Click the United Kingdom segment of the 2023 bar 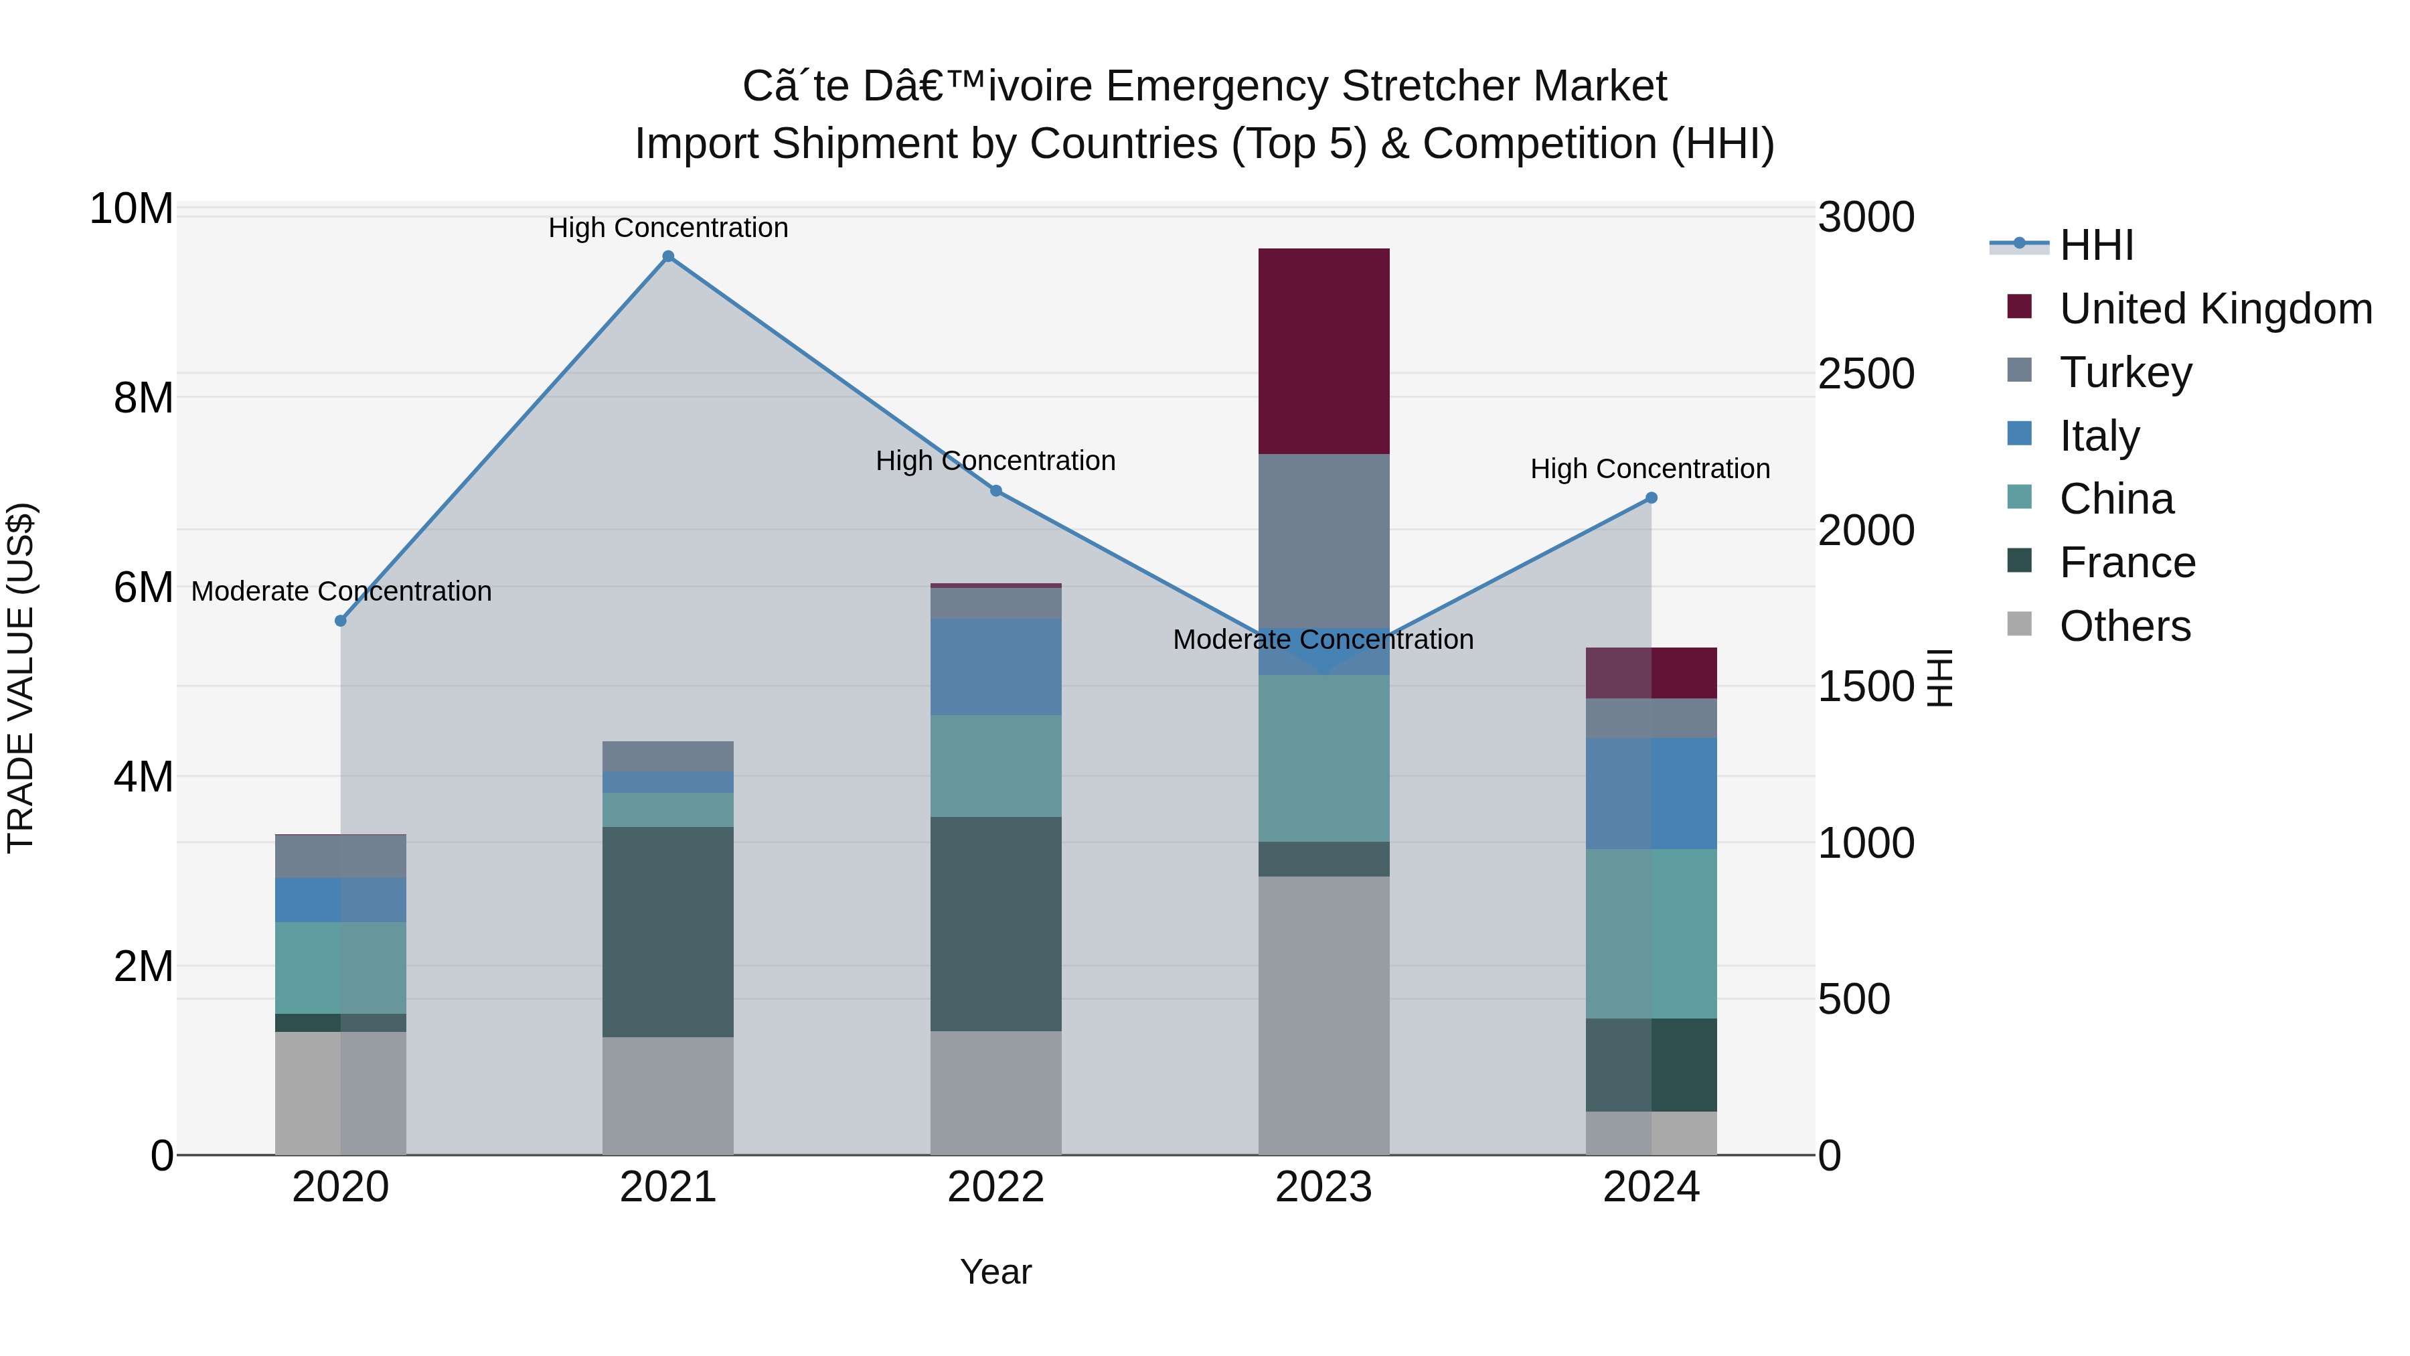pos(1323,351)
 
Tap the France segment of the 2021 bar pos(668,931)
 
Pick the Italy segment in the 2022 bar pos(995,666)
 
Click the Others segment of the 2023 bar pos(1323,1015)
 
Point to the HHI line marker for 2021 pos(668,256)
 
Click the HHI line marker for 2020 pos(341,621)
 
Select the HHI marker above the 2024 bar pos(1652,498)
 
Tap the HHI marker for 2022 pos(995,490)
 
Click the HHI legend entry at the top pos(2095,245)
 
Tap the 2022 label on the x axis pos(995,1187)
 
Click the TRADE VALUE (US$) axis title pos(21,678)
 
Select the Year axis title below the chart pos(995,1272)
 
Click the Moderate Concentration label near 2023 pos(1323,640)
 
